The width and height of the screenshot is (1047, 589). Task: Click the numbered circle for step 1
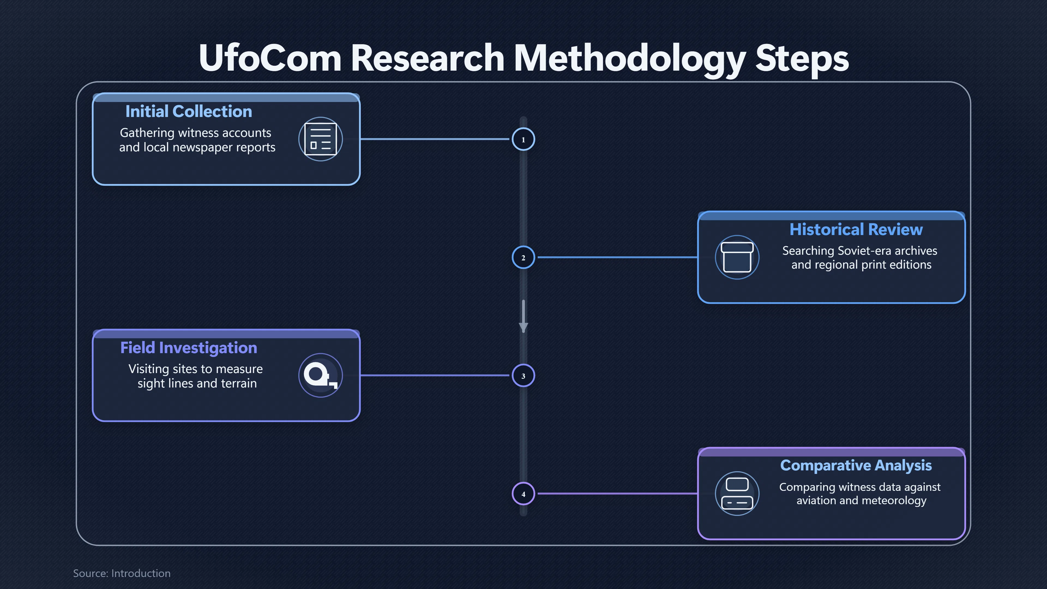(523, 139)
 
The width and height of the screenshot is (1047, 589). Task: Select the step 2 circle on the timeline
(523, 257)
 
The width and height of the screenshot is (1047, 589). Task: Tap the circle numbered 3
(523, 375)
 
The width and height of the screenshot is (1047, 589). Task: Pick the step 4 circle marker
(523, 494)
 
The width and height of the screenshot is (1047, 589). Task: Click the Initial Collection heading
(189, 111)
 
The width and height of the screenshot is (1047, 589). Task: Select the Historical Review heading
(856, 230)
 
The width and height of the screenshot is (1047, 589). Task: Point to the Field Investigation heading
(189, 348)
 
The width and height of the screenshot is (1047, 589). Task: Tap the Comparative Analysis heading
(856, 466)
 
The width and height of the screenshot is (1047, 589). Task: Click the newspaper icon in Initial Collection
(321, 139)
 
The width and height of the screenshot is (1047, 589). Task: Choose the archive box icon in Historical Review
(737, 257)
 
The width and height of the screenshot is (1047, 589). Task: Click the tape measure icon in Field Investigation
(321, 375)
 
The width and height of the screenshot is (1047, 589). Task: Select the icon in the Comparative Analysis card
(737, 494)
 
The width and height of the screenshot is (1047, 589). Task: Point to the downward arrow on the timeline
(523, 316)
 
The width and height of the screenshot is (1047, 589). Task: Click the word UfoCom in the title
(270, 58)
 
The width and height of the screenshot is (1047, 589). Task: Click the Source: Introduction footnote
(122, 573)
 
